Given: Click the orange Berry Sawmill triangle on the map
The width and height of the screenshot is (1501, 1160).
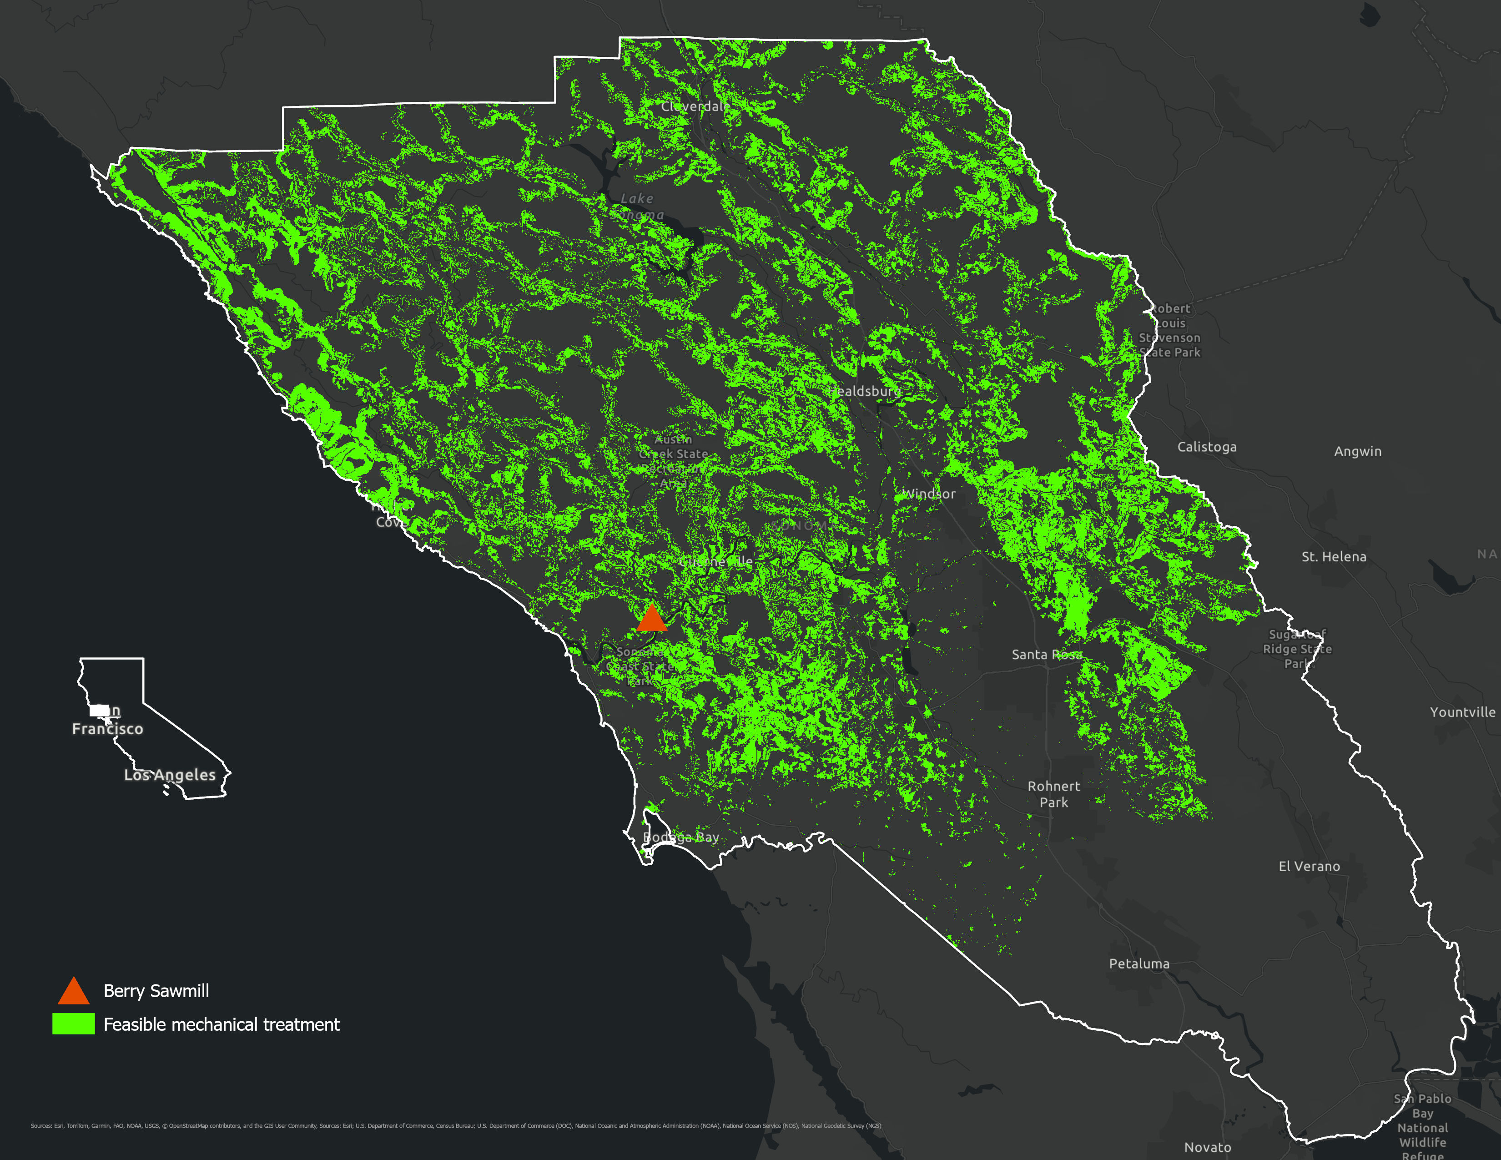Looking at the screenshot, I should [x=651, y=619].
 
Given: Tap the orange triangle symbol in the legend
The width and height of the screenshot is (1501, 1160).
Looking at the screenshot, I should [x=74, y=992].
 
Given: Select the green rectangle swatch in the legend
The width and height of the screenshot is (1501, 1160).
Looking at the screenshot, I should [x=74, y=1024].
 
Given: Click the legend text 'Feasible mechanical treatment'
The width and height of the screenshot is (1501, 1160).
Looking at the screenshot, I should [x=222, y=1024].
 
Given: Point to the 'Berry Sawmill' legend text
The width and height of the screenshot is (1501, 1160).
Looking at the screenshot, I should [x=156, y=991].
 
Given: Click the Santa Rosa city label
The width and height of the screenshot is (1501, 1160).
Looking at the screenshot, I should [x=1046, y=655].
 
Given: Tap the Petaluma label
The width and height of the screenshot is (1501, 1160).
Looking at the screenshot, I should [x=1139, y=964].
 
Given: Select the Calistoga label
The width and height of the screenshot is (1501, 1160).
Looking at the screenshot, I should [x=1206, y=447].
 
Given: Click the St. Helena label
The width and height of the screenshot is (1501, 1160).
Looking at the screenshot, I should [x=1333, y=557].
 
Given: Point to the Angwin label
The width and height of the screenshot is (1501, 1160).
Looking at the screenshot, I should [x=1357, y=452].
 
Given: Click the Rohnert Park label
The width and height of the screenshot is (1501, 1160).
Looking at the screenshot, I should [x=1053, y=794].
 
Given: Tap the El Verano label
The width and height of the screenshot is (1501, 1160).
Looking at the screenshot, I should [x=1309, y=867].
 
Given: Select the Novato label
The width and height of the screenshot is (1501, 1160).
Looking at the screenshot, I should [x=1208, y=1147].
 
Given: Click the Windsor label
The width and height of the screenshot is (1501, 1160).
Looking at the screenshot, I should [x=928, y=494].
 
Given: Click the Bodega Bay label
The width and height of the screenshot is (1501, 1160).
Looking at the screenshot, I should [x=680, y=837].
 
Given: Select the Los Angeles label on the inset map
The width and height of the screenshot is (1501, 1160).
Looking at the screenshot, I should [x=170, y=775].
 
